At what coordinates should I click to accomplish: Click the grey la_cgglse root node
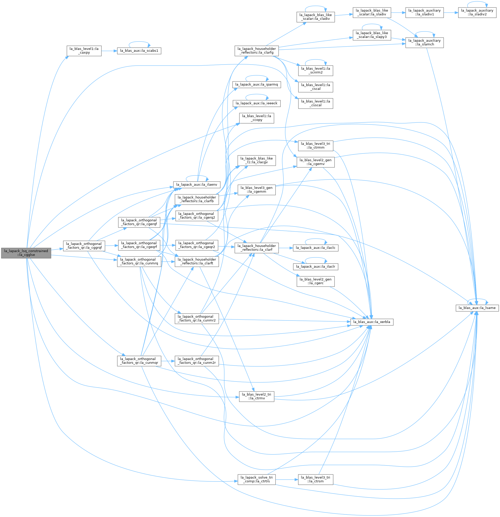(26, 253)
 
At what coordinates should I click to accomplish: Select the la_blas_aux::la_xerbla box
(371, 322)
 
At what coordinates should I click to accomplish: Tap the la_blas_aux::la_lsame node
(477, 308)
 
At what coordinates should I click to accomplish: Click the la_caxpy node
(84, 51)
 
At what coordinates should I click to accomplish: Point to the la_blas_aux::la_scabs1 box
(139, 51)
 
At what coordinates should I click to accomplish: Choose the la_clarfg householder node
(257, 51)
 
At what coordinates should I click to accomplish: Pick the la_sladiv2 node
(477, 13)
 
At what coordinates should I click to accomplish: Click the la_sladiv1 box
(425, 13)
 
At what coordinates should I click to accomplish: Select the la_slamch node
(425, 43)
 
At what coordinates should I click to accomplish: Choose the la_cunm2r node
(197, 361)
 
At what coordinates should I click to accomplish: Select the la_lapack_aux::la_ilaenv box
(197, 185)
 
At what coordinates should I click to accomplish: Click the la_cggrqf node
(84, 246)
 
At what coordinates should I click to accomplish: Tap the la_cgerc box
(315, 282)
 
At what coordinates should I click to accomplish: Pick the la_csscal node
(315, 104)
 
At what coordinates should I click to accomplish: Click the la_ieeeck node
(257, 104)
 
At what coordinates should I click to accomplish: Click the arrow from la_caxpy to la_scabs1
(109, 51)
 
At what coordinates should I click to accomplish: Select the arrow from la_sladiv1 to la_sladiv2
(451, 13)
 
